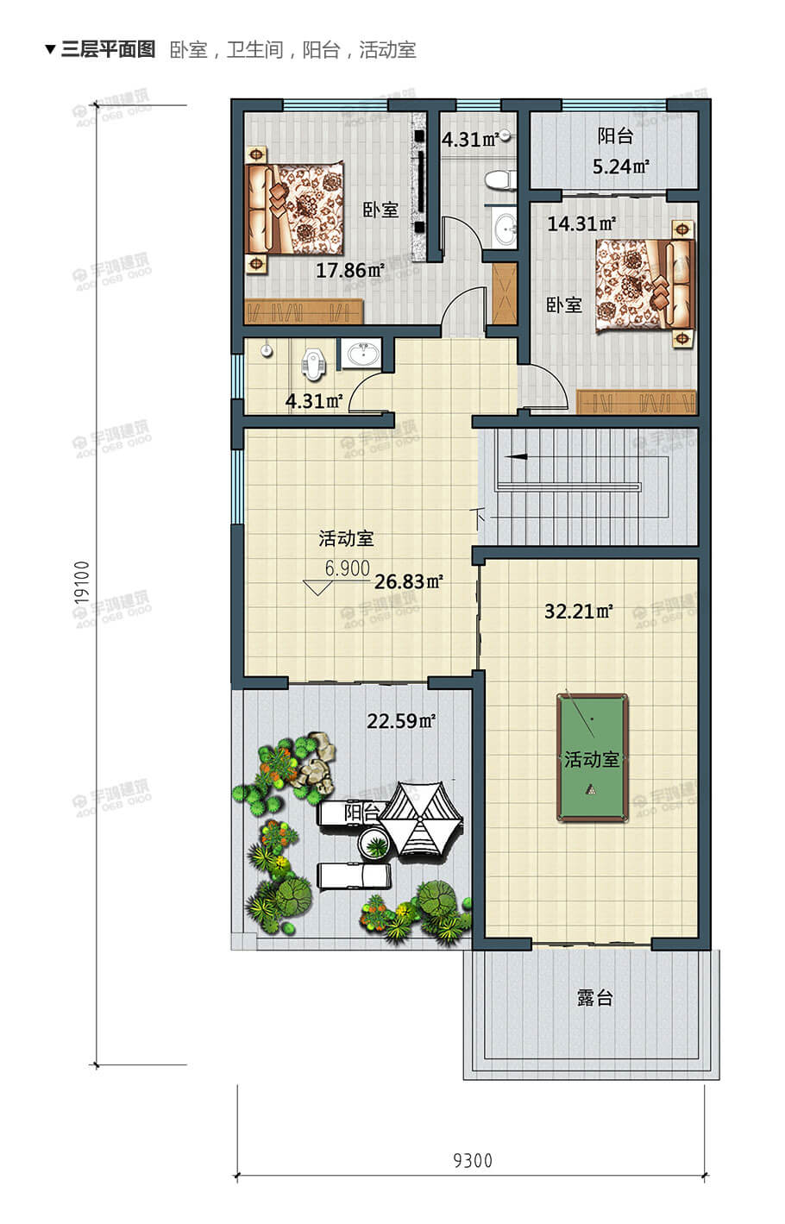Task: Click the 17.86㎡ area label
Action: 349,271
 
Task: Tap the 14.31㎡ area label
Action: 581,224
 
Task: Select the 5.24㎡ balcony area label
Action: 620,166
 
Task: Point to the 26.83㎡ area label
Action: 408,582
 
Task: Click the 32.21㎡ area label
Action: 578,612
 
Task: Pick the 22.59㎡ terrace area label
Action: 401,721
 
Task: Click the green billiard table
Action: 592,758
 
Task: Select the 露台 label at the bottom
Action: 594,998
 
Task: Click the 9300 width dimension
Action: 473,1160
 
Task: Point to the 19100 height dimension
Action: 83,586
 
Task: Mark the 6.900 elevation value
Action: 347,568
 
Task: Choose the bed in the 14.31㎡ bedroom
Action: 644,286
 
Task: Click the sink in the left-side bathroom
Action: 361,355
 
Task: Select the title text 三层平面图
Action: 108,49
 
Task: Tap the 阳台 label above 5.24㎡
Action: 615,136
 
